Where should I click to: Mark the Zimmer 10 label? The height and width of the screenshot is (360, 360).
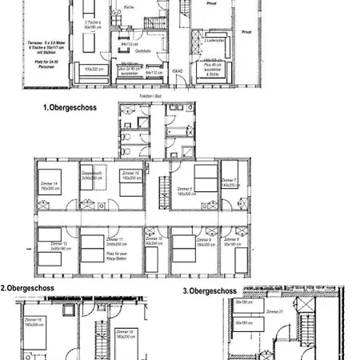pos(154,238)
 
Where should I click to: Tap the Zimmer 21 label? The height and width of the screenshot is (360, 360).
pos(273,313)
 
